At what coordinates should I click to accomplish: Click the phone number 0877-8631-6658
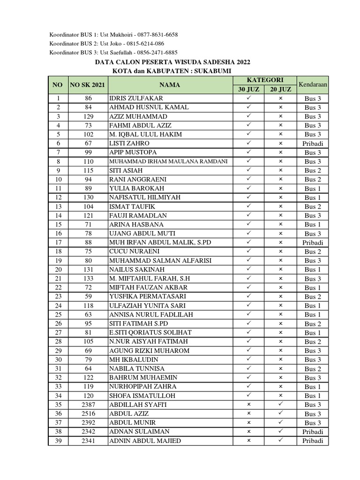pos(157,35)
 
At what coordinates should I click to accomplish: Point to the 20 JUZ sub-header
pos(280,89)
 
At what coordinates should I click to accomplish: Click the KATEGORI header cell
pos(265,80)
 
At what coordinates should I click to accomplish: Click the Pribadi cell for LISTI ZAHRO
pos(313,143)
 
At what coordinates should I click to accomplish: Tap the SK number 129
pos(88,116)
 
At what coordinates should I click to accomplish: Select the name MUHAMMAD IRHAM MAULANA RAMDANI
pos(168,161)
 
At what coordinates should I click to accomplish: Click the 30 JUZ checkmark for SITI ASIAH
pos(249,170)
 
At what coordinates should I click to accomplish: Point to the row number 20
pos(58,270)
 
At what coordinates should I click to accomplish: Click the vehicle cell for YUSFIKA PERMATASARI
pos(313,297)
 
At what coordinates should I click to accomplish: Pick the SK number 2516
pos(88,414)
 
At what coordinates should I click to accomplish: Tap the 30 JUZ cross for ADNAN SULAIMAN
pos(249,432)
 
